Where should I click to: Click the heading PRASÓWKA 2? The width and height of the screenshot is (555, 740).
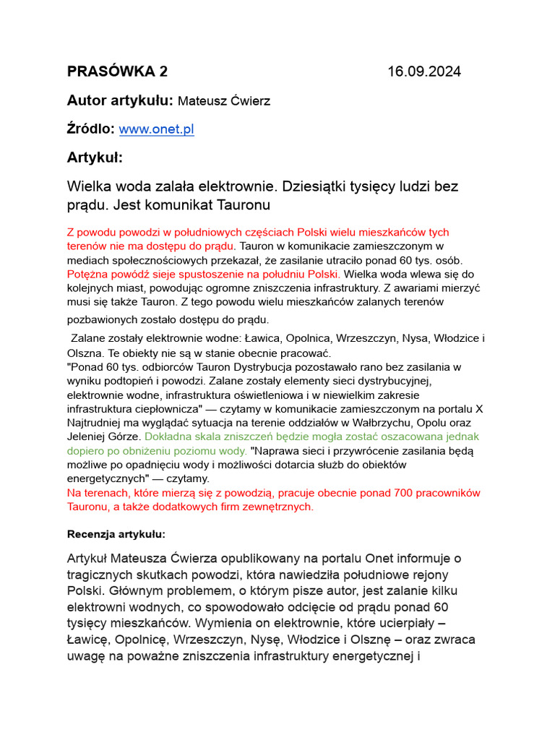(x=117, y=72)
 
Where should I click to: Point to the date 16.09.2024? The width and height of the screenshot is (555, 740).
(x=424, y=72)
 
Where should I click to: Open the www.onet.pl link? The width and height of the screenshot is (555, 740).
(x=156, y=129)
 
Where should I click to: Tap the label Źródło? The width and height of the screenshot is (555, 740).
(x=91, y=129)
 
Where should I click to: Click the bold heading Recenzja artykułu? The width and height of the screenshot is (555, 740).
(x=116, y=535)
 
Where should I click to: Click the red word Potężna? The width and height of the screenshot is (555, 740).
(x=87, y=274)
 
